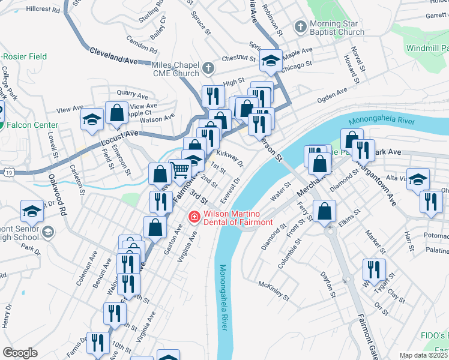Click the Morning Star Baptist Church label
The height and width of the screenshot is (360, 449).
coord(337,28)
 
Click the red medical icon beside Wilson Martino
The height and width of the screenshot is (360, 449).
coord(194,217)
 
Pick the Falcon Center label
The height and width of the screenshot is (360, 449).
coord(32,125)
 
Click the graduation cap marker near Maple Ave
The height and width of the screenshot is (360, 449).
coord(271,60)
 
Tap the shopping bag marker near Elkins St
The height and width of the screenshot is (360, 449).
coord(324,212)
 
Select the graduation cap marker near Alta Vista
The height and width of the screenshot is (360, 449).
coord(418,179)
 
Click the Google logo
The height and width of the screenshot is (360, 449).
coord(20,353)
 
